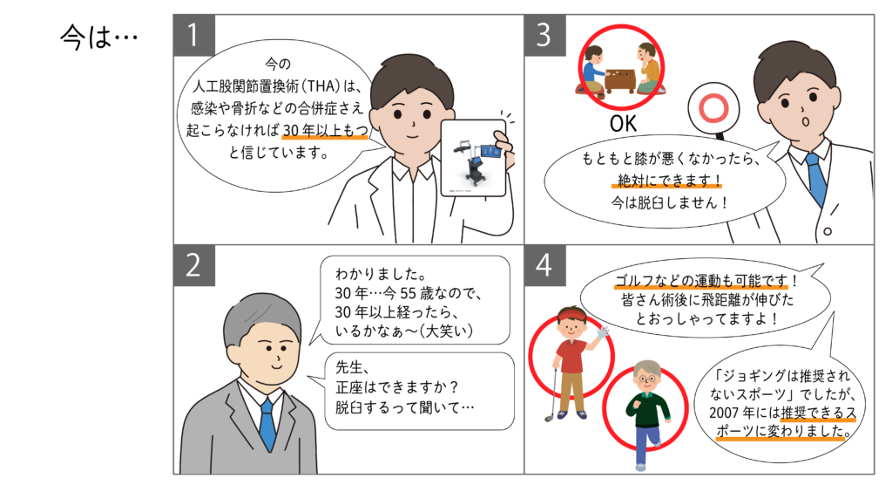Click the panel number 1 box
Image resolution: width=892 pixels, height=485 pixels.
coord(194,36)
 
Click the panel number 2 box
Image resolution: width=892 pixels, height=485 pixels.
coord(194,265)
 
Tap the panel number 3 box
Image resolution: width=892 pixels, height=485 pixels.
coord(545,36)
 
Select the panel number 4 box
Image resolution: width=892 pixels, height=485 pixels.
coord(545,265)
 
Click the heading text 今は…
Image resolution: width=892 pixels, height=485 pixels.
coord(99,38)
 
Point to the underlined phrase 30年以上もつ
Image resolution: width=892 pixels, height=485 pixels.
coord(326,131)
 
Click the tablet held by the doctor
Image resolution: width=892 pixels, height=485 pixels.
coord(473,158)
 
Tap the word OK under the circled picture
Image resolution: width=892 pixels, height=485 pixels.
coord(623,124)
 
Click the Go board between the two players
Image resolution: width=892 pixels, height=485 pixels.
coord(620,80)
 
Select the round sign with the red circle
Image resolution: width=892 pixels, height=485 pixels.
coord(713,108)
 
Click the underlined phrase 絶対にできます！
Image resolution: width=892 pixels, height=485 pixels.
coord(669,181)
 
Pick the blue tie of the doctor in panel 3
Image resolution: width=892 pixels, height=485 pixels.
coord(815,177)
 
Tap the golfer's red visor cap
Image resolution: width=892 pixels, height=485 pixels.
coord(571,316)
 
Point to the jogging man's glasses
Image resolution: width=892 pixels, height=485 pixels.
coord(646,379)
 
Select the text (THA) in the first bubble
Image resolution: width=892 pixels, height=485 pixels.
coord(321,86)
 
